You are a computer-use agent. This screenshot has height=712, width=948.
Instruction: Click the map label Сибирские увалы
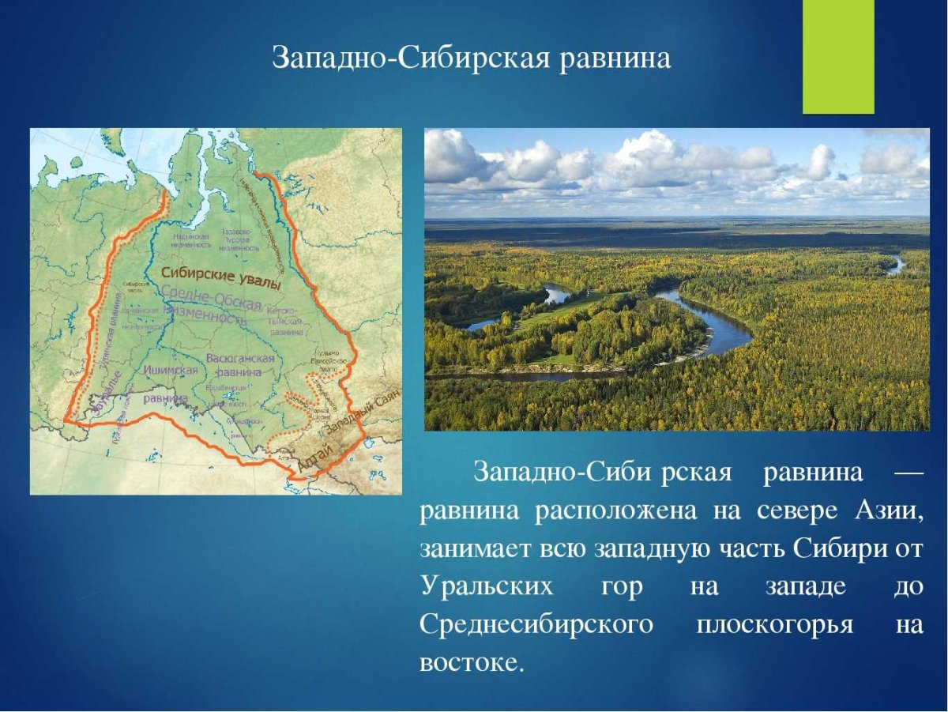click(x=221, y=276)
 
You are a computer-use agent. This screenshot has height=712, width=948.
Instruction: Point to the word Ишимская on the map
click(x=169, y=369)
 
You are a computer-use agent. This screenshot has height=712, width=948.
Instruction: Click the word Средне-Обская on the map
click(x=211, y=299)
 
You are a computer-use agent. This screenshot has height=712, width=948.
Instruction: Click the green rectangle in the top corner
click(x=838, y=57)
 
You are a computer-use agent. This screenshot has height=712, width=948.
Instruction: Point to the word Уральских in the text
click(x=487, y=587)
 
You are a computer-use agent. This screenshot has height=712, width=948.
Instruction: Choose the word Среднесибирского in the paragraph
click(x=536, y=625)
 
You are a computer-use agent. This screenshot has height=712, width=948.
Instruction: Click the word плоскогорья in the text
click(x=774, y=625)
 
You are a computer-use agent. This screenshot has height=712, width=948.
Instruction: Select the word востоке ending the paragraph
click(x=471, y=662)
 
